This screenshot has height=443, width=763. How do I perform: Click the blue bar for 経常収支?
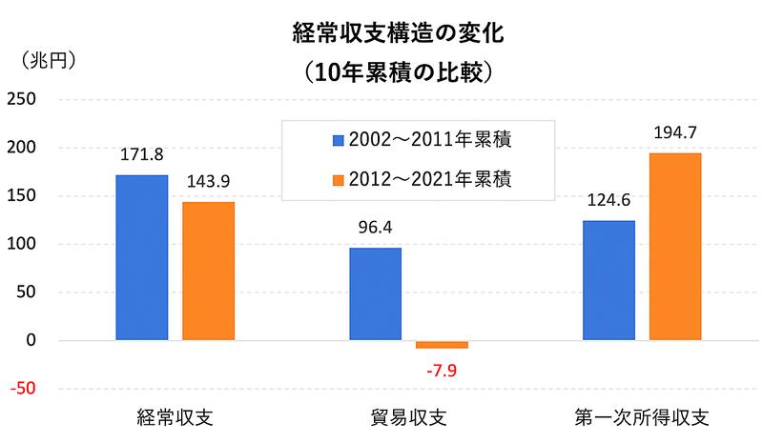[x=141, y=257]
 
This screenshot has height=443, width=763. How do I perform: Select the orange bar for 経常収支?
[x=208, y=271]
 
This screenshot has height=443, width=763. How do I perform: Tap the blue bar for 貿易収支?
[x=375, y=293]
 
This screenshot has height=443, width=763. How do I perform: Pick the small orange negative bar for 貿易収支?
[x=442, y=344]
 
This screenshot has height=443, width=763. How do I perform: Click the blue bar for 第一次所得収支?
[x=608, y=280]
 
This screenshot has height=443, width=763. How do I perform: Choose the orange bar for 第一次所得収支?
[x=675, y=246]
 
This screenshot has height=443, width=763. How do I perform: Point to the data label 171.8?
[x=141, y=153]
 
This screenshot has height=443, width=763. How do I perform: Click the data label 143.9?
[x=208, y=181]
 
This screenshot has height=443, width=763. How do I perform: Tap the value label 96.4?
[x=375, y=227]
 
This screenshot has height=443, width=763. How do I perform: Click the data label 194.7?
[x=675, y=132]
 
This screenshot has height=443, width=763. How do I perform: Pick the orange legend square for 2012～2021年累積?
[x=337, y=179]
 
